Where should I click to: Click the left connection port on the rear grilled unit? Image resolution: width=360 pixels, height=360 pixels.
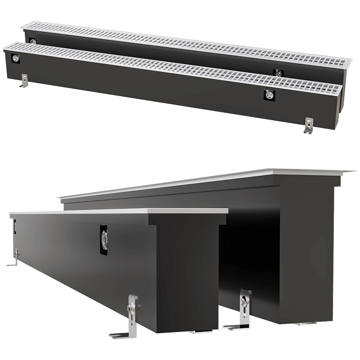pos(33,42)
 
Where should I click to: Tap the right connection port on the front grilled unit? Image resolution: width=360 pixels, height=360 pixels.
pos(269,95)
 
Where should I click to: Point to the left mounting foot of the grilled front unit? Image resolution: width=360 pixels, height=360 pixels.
pos(24,81)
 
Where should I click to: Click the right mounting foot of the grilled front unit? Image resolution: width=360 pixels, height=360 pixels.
pos(309,126)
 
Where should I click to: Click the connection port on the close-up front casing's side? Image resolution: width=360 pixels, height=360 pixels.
pos(104,239)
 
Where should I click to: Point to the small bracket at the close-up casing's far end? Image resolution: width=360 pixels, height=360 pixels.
pos(14,257)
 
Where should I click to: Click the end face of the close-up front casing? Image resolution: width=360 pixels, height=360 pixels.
pos(187,274)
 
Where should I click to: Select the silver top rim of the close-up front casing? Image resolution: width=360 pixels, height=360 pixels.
pos(119,211)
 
